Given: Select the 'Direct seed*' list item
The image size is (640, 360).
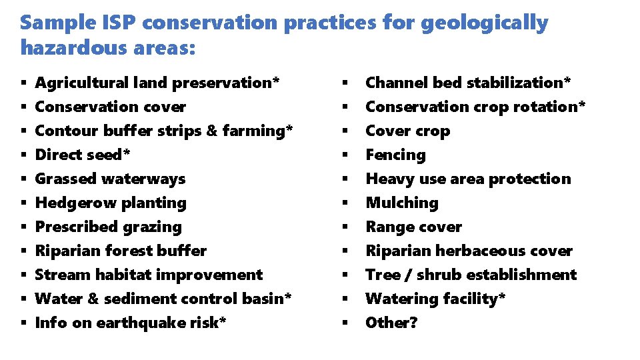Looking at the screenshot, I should (83, 155).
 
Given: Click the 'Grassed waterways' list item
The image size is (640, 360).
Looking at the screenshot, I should (110, 179).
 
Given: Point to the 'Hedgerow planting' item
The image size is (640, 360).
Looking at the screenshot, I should (110, 203).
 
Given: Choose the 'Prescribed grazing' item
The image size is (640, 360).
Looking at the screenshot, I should (108, 227).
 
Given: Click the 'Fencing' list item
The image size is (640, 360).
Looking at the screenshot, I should (395, 155).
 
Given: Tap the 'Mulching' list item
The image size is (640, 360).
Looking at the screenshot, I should (402, 203).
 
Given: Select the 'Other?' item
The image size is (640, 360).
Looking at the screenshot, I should (391, 323).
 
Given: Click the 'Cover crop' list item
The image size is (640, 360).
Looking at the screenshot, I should (407, 131).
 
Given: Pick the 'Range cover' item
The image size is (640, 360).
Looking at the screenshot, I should (413, 227).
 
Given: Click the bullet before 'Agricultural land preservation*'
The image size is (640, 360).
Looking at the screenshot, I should (23, 83).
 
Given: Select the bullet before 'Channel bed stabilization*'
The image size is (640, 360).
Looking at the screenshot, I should (345, 83).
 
